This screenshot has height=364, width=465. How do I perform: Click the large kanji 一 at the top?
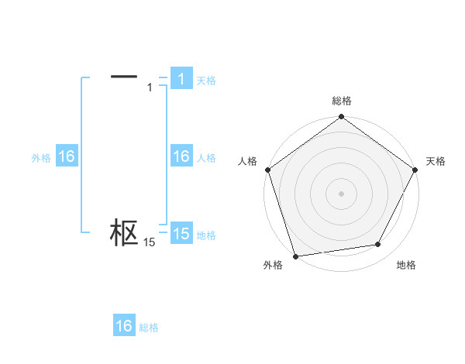124,76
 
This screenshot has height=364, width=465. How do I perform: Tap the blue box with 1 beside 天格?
181,79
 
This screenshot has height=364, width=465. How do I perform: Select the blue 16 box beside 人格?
181,156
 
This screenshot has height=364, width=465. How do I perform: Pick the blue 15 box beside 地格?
181,234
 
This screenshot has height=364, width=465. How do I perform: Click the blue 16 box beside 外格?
66,156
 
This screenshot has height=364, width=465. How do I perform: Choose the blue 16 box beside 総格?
124,326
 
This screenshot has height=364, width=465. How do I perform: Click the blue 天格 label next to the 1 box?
206,80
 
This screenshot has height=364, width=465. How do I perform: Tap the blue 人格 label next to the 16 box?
206,157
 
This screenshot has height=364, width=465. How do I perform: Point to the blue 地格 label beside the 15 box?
206,235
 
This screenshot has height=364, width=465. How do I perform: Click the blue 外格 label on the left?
41,157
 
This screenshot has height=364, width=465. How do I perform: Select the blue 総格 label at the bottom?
149,328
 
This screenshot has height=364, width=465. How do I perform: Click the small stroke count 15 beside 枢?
150,242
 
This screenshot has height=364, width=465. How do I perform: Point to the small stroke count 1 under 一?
150,88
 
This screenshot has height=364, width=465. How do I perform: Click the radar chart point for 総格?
341,118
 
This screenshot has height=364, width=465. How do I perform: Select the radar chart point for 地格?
378,245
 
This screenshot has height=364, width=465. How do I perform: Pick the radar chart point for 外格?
295,256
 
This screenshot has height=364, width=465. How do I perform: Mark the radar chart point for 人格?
267,170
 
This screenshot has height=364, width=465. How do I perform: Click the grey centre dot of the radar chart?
341,194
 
